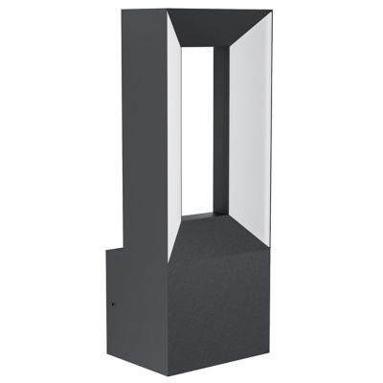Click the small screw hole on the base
pos(113,309)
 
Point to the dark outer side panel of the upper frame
pos(144,124)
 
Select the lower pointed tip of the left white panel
pos(169,259)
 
